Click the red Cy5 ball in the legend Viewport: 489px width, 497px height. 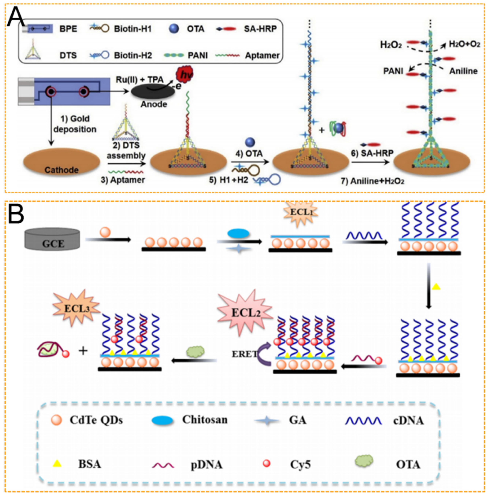point(266,463)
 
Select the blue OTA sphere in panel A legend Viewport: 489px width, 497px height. point(174,29)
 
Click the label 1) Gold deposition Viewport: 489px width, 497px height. point(75,124)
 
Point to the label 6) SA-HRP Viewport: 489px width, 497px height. point(372,153)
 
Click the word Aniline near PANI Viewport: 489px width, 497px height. point(463,71)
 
